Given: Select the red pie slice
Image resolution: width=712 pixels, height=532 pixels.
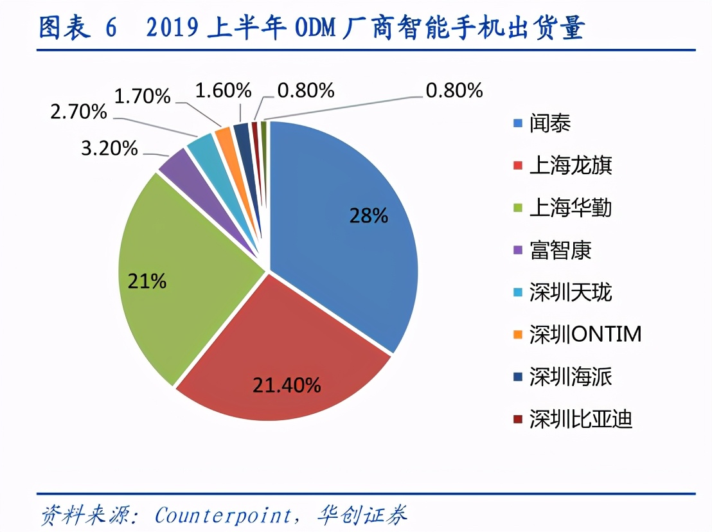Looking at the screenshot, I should [283, 360].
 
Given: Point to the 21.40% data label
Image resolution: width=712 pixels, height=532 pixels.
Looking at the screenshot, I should [287, 385].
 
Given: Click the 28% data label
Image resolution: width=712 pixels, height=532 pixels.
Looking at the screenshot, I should [368, 215].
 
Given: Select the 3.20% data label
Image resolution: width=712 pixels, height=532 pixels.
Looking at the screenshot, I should [109, 148].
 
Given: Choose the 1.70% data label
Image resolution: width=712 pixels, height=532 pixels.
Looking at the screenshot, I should [142, 97].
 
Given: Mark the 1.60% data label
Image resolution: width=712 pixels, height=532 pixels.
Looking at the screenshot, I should [222, 91].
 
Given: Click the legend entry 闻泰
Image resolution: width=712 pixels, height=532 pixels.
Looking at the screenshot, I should [550, 123].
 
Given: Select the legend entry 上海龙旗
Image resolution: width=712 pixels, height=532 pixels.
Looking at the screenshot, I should [571, 165].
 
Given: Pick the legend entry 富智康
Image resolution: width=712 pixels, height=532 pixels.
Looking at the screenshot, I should [560, 250].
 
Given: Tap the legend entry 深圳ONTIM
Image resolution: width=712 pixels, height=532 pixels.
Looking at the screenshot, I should [585, 335].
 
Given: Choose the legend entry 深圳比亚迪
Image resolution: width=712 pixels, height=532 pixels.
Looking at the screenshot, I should [581, 420].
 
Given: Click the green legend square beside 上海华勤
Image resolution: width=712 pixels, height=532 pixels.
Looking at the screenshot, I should [517, 208].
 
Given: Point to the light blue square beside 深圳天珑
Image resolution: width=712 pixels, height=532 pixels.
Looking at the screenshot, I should [517, 293].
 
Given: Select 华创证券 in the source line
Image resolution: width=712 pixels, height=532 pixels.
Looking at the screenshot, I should [362, 515].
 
